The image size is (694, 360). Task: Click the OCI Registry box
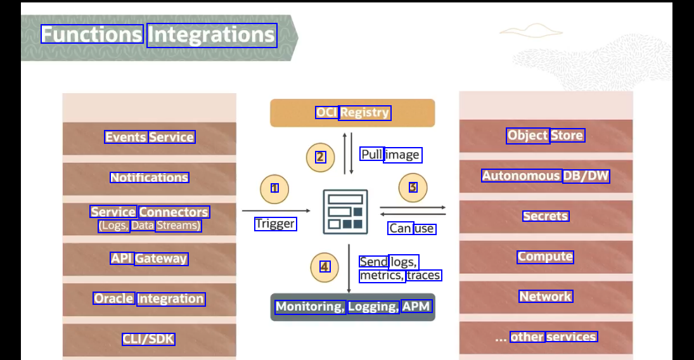point(352,113)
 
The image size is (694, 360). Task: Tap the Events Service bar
point(150,138)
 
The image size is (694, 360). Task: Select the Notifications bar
point(150,178)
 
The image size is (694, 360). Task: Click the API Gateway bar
point(150,259)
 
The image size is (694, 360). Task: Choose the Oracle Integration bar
point(150,299)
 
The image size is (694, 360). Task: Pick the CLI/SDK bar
point(150,339)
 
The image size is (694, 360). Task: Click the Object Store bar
point(546,136)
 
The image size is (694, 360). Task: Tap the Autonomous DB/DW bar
point(546,176)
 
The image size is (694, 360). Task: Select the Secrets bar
point(546,216)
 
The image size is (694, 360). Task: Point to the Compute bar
point(546,257)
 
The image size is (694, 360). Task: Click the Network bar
point(546,297)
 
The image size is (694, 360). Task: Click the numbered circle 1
point(274,188)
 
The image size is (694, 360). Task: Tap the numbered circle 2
point(320,157)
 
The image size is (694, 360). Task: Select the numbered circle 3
point(413,188)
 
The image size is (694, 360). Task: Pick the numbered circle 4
point(325,267)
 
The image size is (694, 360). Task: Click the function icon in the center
point(345,212)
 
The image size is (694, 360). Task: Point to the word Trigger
point(275,224)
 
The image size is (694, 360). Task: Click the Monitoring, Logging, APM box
point(353,307)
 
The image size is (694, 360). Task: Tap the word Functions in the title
point(92,34)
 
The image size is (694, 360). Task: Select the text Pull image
point(390,155)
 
